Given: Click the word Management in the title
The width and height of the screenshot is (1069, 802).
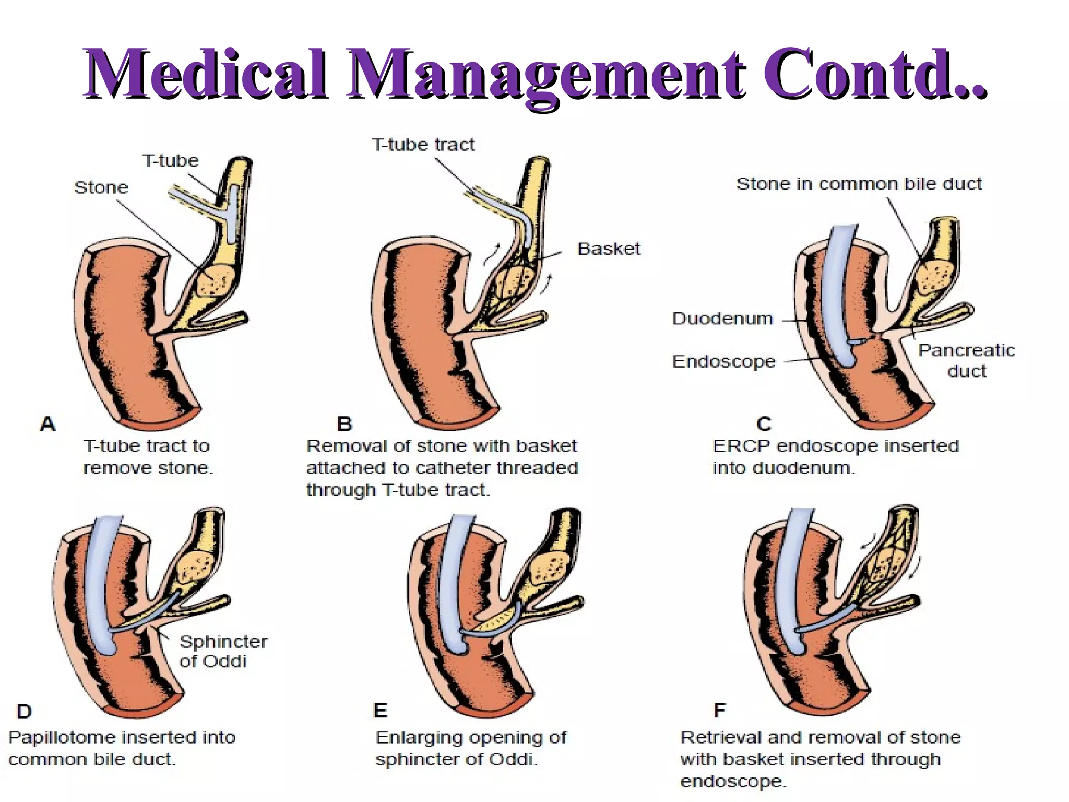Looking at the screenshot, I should [x=546, y=75].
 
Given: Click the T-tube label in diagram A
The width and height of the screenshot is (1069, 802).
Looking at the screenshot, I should [x=171, y=160].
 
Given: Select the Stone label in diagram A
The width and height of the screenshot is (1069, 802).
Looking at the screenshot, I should [x=101, y=187].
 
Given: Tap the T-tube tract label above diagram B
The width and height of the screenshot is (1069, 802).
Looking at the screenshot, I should [x=423, y=145].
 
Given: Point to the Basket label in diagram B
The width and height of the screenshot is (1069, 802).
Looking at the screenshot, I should [x=609, y=249].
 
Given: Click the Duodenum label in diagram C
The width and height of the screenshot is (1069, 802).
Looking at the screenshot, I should [x=722, y=319].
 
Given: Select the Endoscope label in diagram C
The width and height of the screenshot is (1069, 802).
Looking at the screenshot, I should [x=724, y=361].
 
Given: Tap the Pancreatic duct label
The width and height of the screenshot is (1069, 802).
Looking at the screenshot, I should [x=966, y=360].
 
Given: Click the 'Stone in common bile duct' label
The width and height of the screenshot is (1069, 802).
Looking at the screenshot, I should [x=859, y=184].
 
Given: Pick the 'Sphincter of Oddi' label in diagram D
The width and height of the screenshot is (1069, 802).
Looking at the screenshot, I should [x=222, y=651].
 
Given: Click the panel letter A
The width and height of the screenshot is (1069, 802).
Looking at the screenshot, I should [x=47, y=424].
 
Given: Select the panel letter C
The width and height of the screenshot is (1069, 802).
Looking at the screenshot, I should [x=764, y=424].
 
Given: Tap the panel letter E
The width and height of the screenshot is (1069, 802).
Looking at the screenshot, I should [x=381, y=711].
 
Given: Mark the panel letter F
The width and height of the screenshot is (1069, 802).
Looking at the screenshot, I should [x=719, y=711].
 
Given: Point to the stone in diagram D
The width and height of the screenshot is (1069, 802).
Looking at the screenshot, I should [x=196, y=567].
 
